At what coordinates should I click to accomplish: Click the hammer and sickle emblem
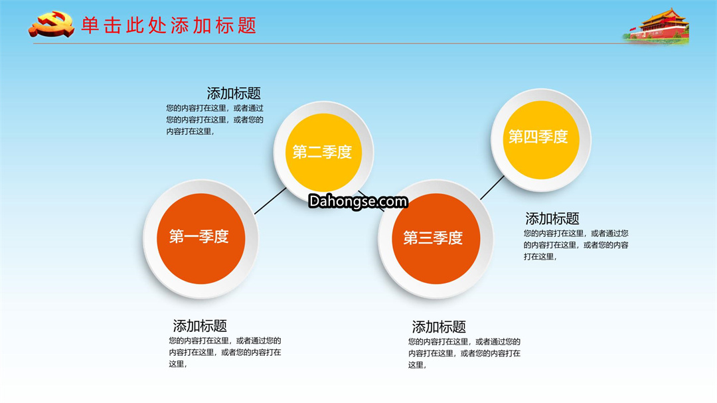pos(51,24)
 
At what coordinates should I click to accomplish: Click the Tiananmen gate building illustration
pos(657,27)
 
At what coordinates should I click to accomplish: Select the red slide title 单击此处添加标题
pos(169,26)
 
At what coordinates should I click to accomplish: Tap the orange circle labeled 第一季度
pos(200,238)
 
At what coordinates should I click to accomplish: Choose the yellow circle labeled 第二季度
pos(323,152)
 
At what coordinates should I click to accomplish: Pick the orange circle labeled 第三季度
pos(436,238)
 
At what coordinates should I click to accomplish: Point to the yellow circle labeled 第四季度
pos(541,139)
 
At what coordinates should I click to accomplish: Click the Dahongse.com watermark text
pos(358,201)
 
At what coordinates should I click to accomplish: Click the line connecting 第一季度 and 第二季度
pos(270,201)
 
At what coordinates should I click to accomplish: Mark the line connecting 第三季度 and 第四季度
pos(492,187)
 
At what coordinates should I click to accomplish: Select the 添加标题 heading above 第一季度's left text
pos(234,94)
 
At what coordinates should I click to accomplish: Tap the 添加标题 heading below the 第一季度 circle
pos(200,326)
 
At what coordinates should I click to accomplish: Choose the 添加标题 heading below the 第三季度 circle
pos(439,327)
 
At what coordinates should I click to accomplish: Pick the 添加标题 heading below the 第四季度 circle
pos(552,218)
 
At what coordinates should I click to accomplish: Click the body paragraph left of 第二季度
pos(215,120)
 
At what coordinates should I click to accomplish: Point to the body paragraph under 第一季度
pos(225,353)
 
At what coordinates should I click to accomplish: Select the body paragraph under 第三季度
pos(464,353)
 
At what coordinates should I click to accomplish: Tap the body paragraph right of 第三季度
pos(576,245)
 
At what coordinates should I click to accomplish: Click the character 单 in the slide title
pos(90,26)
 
